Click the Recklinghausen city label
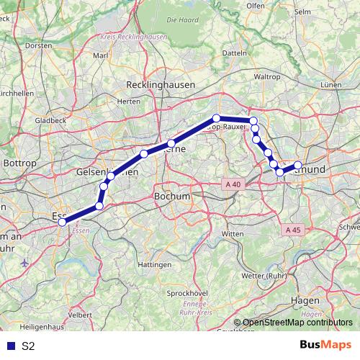(160, 84)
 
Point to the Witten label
(233, 235)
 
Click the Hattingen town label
(153, 265)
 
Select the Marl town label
(100, 55)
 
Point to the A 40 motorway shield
(233, 184)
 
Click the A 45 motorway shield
(292, 230)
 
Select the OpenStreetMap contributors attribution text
(295, 323)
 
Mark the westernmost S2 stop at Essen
(62, 222)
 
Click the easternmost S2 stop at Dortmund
(298, 166)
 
